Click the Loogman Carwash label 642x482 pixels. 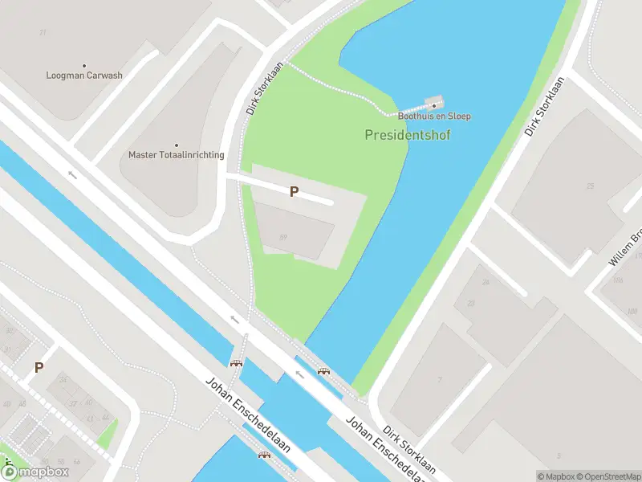tap(84, 76)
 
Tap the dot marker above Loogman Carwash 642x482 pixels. tap(84, 66)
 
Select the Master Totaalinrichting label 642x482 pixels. tap(177, 155)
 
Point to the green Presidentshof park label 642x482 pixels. tap(408, 135)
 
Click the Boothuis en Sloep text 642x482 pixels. tap(433, 116)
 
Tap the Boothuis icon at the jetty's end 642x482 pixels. tap(434, 104)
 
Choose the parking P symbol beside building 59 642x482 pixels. tap(295, 192)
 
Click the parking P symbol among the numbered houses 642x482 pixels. tap(39, 368)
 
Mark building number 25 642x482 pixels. tap(591, 186)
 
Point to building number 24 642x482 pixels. tap(486, 282)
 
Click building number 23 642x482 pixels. tap(471, 303)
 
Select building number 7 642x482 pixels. tap(440, 379)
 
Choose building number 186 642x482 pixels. tap(617, 280)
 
